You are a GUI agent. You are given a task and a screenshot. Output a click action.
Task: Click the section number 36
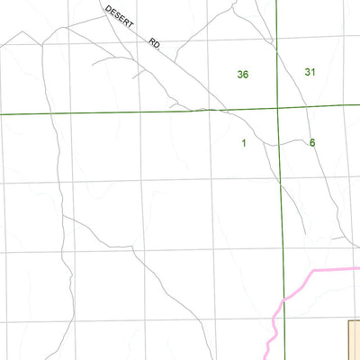coord(242,75)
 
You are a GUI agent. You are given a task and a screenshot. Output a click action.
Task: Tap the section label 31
coord(310,72)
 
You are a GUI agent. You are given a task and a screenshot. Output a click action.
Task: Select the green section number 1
coord(244,143)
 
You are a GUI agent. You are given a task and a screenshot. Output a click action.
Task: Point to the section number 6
coord(312,142)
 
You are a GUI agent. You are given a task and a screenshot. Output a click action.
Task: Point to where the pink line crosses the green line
coord(283,299)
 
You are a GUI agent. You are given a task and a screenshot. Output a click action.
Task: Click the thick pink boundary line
coord(324,268)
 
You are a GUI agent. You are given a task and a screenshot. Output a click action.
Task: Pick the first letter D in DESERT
coord(107,8)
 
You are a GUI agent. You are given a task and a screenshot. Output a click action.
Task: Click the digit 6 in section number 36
coord(246,75)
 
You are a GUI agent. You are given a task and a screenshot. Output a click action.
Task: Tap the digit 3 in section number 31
coord(308,72)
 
